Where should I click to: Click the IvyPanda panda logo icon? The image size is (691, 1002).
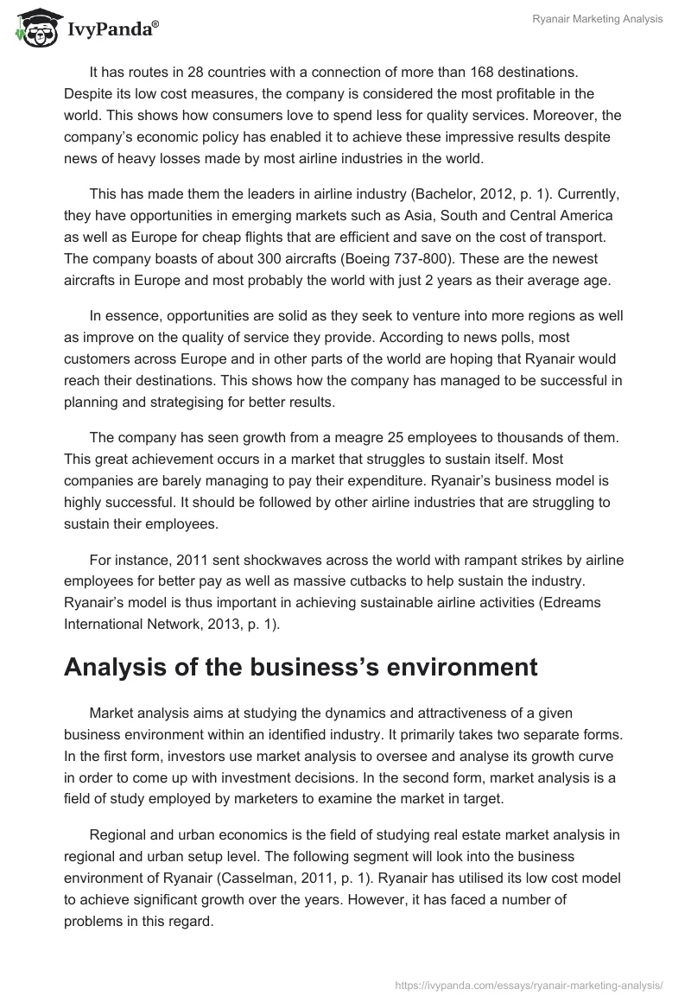pos(31,28)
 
